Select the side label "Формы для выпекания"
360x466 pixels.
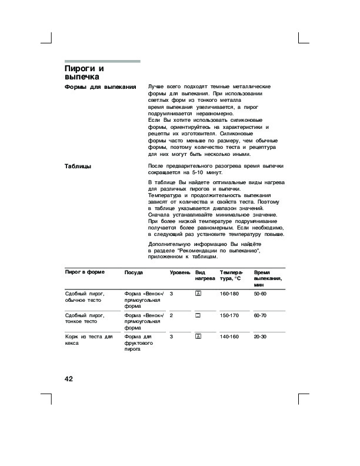click(100, 87)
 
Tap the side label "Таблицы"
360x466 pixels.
click(78, 167)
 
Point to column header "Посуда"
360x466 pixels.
click(134, 273)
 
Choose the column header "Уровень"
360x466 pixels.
click(179, 273)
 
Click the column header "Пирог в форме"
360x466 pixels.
click(85, 273)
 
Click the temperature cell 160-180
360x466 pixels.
click(230, 294)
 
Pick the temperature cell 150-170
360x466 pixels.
click(230, 315)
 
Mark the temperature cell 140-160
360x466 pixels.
click(230, 337)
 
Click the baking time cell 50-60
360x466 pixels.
click(260, 294)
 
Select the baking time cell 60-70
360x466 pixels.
click(260, 315)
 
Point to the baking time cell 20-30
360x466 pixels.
click(260, 337)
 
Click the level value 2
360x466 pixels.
click(171, 315)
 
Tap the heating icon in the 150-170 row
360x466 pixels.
click(198, 315)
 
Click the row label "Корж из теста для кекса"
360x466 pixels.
click(88, 340)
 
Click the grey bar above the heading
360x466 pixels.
click(102, 61)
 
